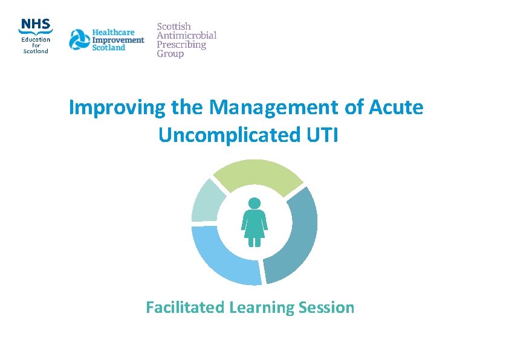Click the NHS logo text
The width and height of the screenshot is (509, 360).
(x=36, y=25)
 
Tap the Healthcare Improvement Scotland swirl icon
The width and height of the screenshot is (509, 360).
(x=79, y=40)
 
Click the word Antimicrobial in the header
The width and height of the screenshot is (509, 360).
(x=186, y=36)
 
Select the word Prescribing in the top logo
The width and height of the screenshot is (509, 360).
(x=181, y=45)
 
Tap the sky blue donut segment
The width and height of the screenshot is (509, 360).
(x=221, y=257)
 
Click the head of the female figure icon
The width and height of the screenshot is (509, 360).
(x=254, y=203)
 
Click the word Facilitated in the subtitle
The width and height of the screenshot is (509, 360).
(x=186, y=307)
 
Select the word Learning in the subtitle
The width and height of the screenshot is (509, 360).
(x=262, y=307)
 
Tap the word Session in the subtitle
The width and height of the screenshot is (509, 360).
(x=326, y=307)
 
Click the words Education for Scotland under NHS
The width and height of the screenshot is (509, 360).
(x=36, y=45)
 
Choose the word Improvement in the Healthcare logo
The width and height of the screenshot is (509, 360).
(x=118, y=40)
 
